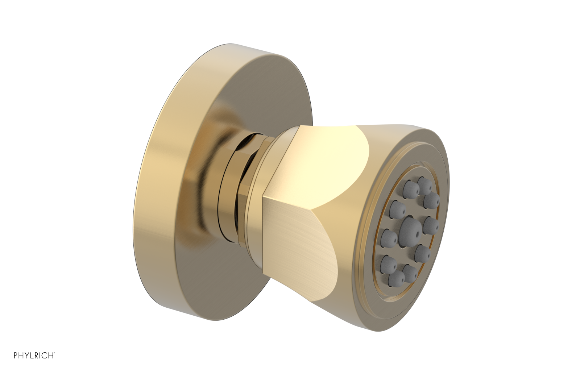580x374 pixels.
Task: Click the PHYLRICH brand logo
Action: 34,356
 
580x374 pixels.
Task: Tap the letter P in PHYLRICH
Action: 16,356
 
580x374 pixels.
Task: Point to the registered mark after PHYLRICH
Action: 54,353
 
